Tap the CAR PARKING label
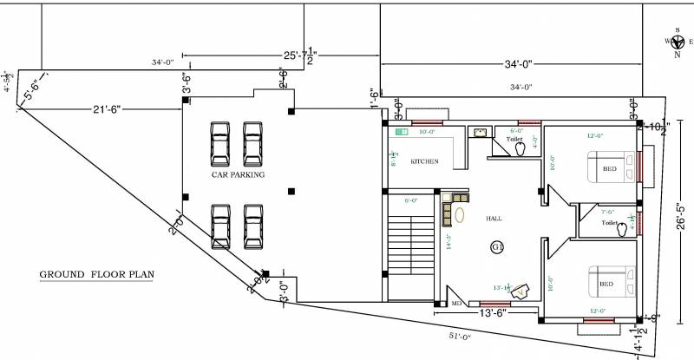tap(238, 175)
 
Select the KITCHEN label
tap(424, 162)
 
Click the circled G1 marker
tap(497, 248)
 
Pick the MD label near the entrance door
tap(456, 304)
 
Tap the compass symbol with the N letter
tap(675, 41)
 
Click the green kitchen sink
tap(401, 132)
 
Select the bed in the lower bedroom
tap(610, 282)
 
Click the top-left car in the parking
tap(219, 144)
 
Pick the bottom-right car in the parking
tap(253, 226)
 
